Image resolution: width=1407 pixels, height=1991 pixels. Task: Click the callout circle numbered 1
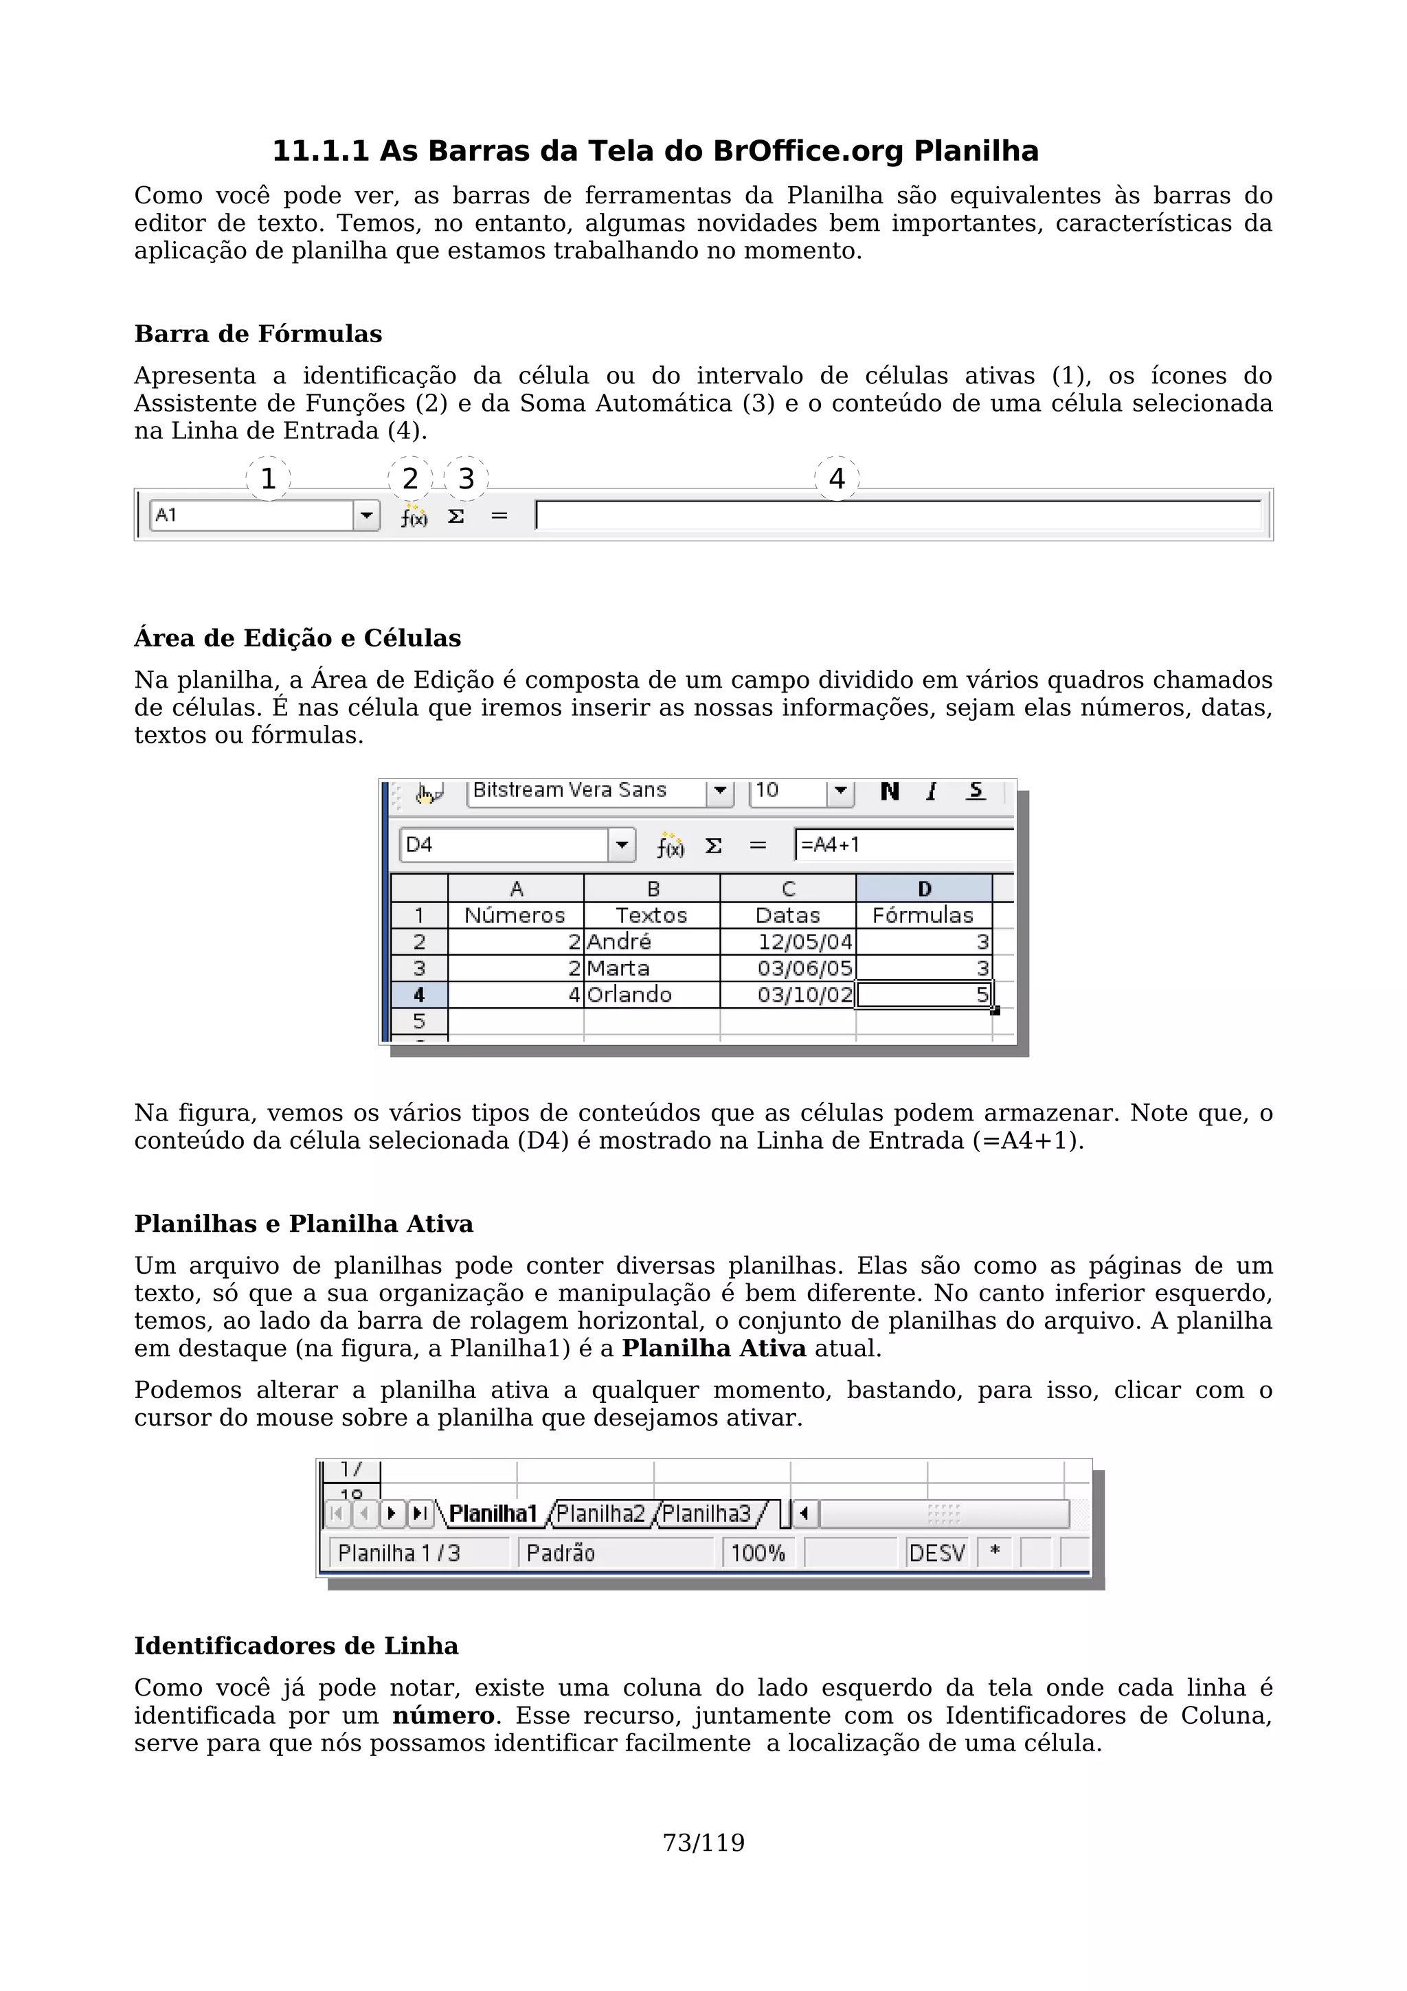pos(268,479)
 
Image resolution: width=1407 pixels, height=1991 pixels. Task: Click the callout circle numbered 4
pos(837,479)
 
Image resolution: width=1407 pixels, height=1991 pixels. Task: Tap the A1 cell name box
pos(251,515)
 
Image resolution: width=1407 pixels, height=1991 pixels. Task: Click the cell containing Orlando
pos(651,995)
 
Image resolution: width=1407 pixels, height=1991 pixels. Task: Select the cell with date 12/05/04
pos(787,942)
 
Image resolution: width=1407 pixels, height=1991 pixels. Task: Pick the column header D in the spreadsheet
pos(924,889)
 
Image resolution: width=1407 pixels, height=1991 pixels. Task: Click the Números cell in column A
pos(515,916)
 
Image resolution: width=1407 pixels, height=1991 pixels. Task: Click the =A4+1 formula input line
pos(901,844)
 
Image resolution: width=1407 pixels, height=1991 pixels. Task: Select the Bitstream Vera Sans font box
pos(586,791)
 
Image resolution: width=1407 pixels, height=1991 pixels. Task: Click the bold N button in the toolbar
pos(890,791)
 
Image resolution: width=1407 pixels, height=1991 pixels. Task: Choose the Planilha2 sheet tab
pos(600,1514)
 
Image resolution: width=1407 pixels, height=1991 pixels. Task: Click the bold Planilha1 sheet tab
pos(493,1514)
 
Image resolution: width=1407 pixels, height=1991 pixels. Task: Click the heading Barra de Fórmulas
pos(258,334)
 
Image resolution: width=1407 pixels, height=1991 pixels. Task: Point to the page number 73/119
pos(703,1843)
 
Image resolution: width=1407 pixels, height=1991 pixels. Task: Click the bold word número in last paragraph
pos(443,1716)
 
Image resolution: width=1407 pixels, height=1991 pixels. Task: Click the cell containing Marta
pos(651,969)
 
